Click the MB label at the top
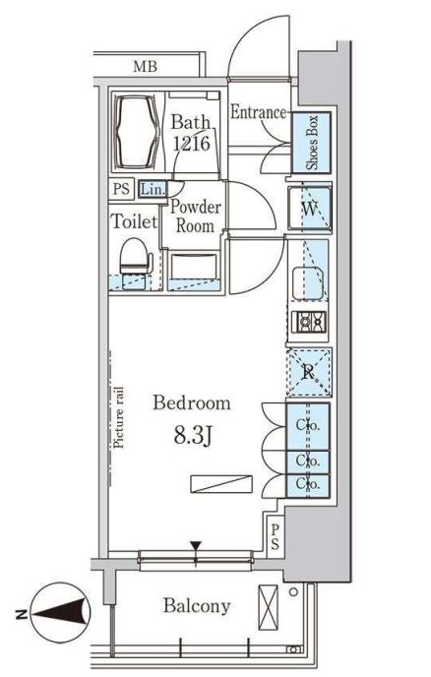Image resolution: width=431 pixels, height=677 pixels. click(x=145, y=67)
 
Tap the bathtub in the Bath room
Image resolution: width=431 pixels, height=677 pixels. click(x=136, y=132)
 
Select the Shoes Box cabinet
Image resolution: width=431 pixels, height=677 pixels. click(x=311, y=143)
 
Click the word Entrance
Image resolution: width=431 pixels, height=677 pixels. click(x=258, y=112)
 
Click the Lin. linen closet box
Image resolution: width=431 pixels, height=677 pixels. click(x=153, y=189)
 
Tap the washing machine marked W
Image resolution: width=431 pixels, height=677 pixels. click(x=309, y=209)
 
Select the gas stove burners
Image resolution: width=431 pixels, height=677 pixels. click(x=309, y=322)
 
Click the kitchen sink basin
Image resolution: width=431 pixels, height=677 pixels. click(x=308, y=283)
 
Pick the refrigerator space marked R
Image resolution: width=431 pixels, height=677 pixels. click(x=308, y=372)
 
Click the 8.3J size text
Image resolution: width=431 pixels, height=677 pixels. click(x=193, y=437)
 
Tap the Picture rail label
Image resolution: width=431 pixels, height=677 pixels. click(x=118, y=417)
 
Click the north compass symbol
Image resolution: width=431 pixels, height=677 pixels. click(x=60, y=613)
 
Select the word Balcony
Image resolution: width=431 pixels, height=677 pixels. click(x=197, y=606)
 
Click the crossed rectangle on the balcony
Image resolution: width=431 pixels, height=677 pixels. click(x=268, y=607)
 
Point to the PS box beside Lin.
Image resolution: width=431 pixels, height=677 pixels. click(x=121, y=189)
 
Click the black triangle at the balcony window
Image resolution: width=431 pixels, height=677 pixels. click(x=196, y=546)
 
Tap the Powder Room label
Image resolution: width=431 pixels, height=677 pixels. click(x=195, y=216)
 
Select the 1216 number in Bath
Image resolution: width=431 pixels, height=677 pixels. click(x=191, y=143)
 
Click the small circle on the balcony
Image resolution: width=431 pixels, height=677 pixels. click(x=293, y=592)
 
